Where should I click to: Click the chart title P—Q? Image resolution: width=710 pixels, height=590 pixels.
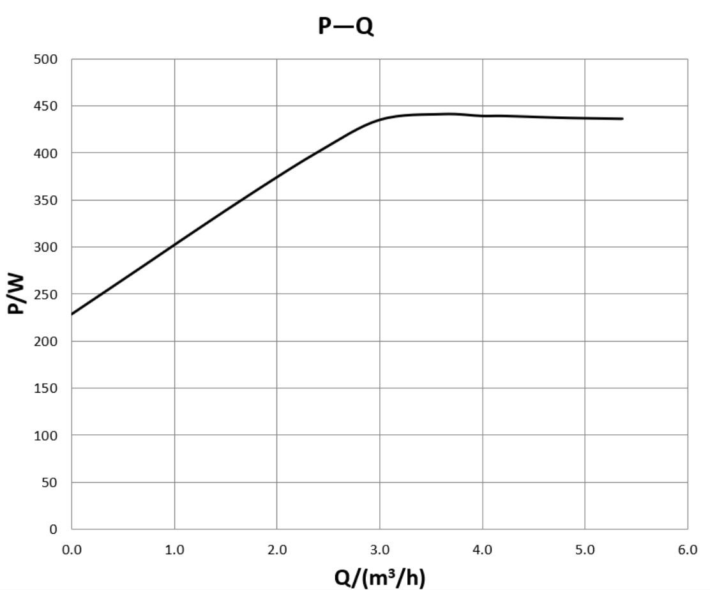point(345,26)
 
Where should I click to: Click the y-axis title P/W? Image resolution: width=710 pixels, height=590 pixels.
point(16,294)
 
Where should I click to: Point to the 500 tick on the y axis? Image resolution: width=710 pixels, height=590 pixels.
point(46,59)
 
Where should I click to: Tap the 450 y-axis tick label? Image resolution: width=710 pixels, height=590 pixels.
point(46,106)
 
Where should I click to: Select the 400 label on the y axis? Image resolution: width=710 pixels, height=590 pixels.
point(46,153)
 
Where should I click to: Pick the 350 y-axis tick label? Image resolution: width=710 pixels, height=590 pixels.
point(46,200)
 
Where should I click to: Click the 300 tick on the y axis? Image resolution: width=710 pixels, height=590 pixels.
point(46,247)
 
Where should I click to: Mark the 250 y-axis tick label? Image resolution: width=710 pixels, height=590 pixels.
point(46,294)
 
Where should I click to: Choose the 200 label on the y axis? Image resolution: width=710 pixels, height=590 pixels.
point(46,342)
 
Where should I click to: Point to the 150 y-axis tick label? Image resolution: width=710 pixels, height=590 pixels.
point(46,388)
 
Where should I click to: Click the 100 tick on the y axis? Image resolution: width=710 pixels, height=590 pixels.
point(46,435)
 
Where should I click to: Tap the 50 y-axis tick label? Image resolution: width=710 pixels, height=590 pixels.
point(49,483)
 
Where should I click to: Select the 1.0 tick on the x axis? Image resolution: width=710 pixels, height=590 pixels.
point(174,550)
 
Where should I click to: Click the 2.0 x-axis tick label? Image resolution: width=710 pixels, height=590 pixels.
point(277,550)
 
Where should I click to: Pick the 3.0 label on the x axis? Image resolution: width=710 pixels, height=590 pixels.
point(380,550)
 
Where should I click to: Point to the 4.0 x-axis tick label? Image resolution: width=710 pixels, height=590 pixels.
point(483,550)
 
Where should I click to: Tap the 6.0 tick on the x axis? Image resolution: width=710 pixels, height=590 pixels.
point(688,550)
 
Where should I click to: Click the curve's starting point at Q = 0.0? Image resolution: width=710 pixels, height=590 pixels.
point(72,314)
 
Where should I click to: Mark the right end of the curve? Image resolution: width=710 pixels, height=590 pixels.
point(623,119)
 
